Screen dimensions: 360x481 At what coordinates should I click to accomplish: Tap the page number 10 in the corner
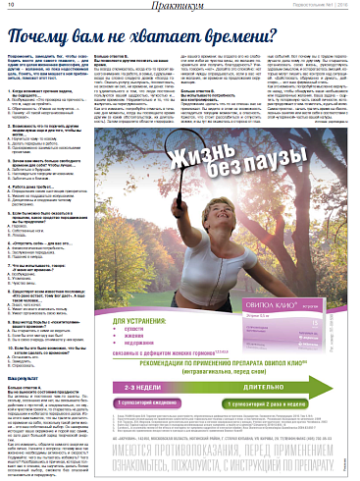coord(9,7)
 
